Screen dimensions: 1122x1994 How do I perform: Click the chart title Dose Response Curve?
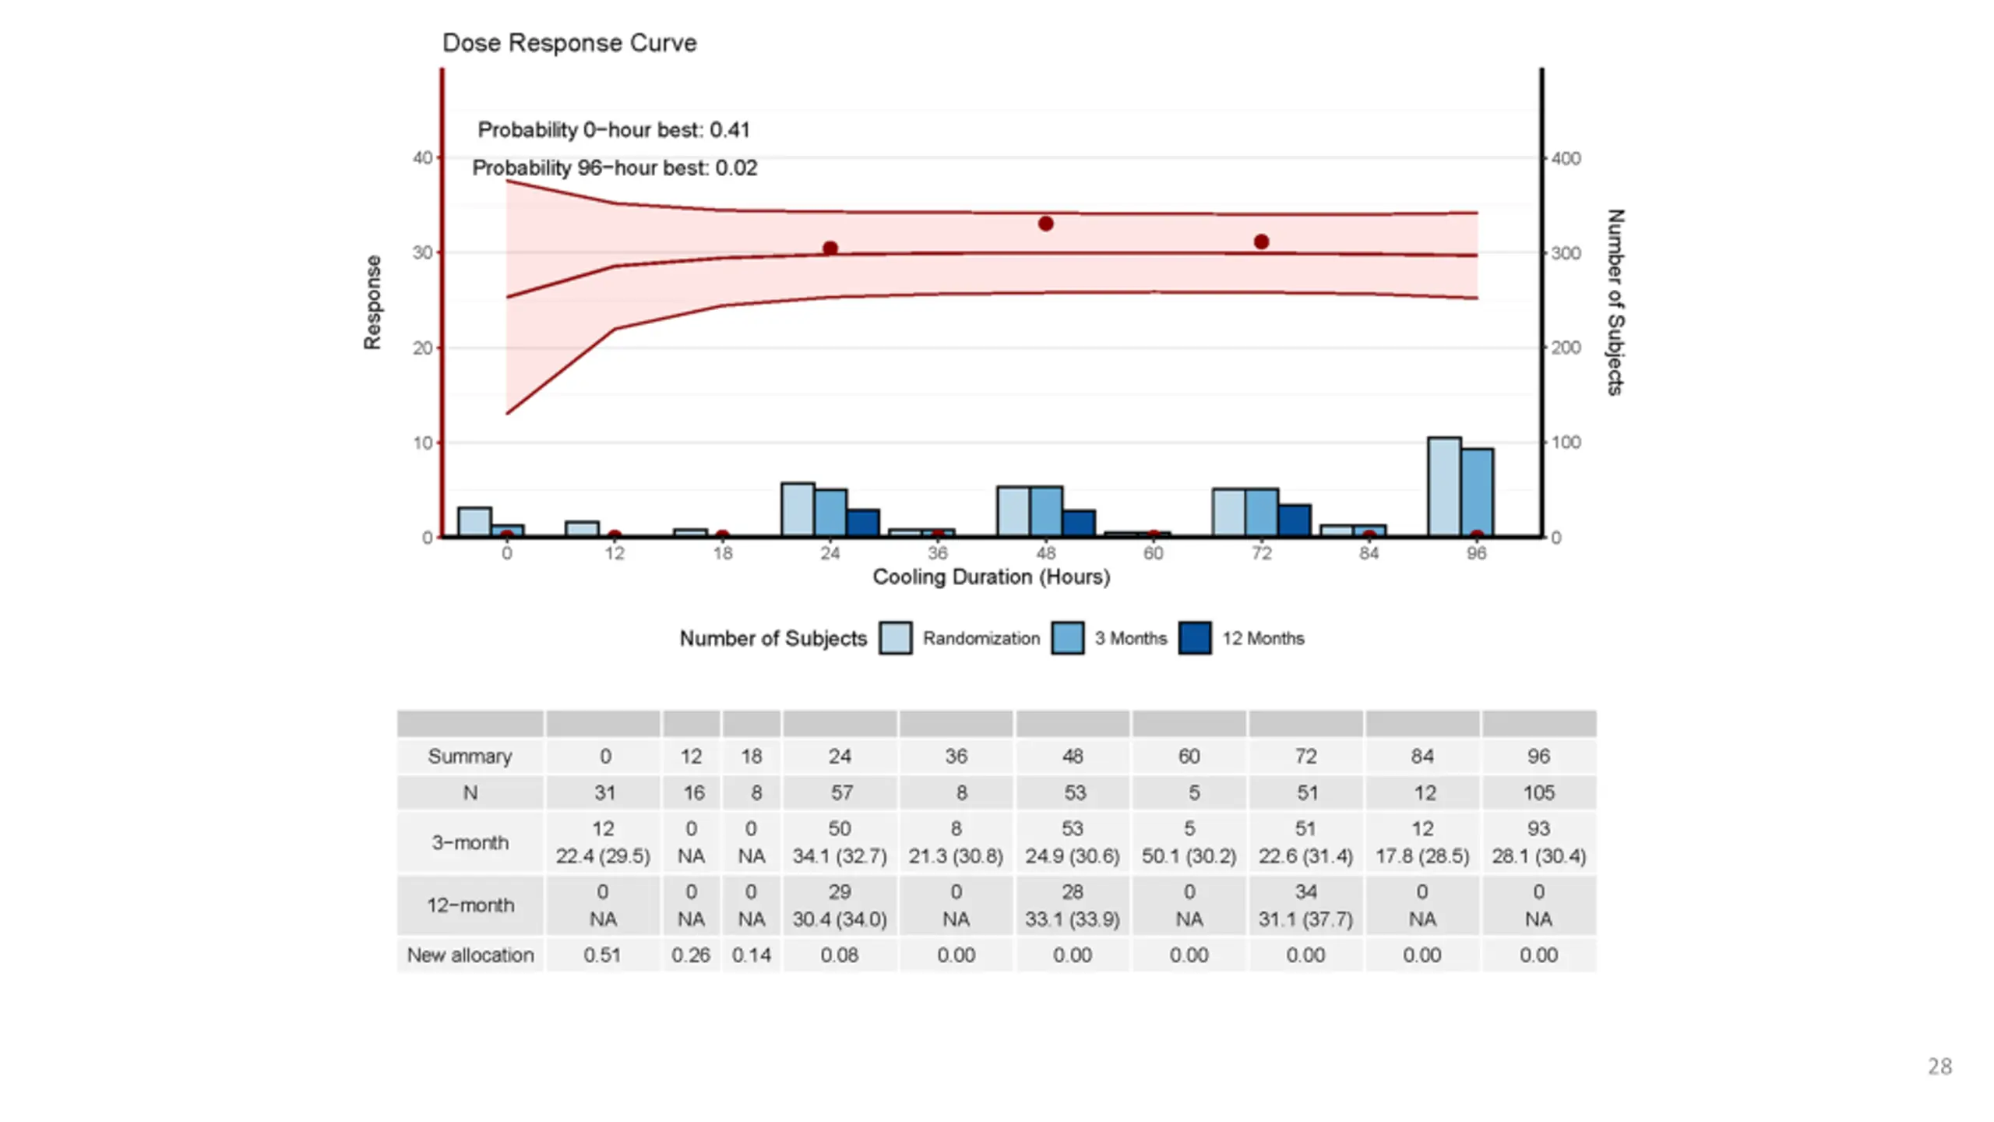(569, 43)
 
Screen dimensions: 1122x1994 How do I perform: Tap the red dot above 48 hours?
(1046, 224)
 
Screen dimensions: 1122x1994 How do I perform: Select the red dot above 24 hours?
(830, 249)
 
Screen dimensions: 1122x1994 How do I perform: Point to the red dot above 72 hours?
(1262, 242)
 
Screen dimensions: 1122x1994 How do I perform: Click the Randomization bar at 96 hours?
(1444, 487)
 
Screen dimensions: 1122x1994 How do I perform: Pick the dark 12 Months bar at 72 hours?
(1295, 520)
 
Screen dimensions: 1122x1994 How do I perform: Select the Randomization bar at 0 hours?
(474, 522)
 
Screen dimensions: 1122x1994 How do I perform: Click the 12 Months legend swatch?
(1195, 638)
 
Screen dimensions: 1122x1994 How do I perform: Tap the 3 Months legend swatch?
(1067, 638)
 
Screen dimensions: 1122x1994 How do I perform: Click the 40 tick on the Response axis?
(422, 158)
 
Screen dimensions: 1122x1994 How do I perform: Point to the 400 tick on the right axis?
(1566, 159)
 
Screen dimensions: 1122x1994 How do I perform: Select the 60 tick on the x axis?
(1154, 553)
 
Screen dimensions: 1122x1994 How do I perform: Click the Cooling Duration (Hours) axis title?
(991, 577)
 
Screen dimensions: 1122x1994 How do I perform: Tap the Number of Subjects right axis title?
(1615, 302)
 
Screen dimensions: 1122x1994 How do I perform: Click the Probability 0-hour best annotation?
(614, 130)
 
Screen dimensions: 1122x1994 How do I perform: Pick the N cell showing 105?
(1538, 793)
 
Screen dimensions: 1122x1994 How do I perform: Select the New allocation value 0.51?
(602, 955)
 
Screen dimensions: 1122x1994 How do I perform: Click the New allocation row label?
(470, 955)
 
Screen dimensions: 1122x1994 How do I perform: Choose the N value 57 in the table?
(841, 793)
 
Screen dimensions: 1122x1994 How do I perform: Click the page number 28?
(1939, 1067)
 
